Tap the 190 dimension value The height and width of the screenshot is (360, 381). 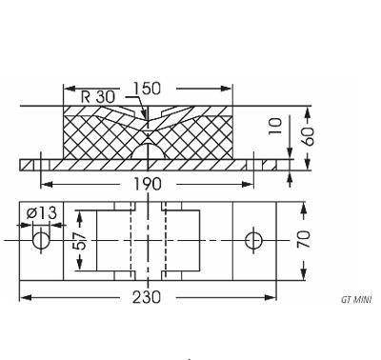click(x=150, y=182)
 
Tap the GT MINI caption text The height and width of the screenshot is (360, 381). click(x=356, y=299)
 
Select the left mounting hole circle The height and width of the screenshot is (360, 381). click(x=40, y=240)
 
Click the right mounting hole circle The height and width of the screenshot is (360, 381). click(x=254, y=240)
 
